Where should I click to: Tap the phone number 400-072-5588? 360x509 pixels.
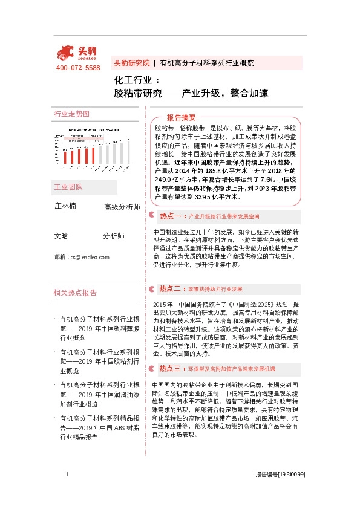click(x=78, y=68)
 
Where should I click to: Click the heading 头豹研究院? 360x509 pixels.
click(x=131, y=63)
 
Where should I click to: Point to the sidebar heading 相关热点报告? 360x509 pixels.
click(x=75, y=293)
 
